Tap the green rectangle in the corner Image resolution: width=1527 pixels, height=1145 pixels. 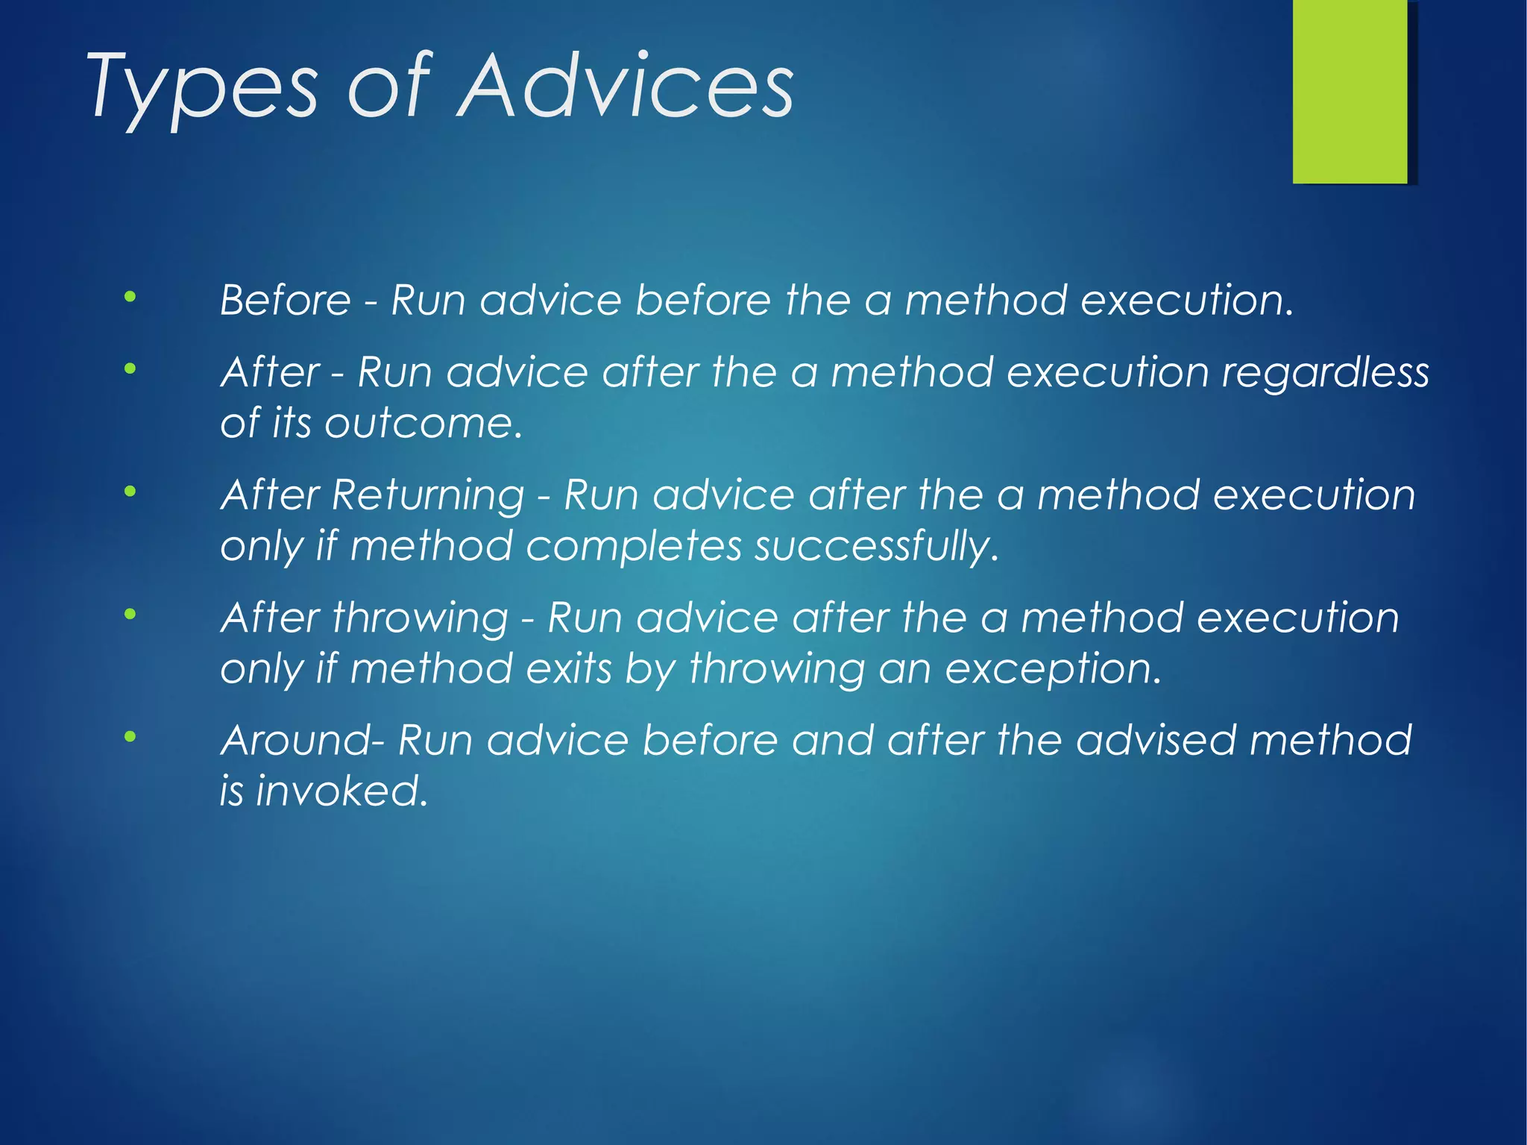[1350, 91]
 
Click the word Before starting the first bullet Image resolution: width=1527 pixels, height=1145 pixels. [285, 301]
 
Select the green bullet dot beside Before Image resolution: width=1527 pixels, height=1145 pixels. [130, 298]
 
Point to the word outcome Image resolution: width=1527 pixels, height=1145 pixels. [422, 424]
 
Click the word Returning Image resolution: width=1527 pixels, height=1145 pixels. [428, 496]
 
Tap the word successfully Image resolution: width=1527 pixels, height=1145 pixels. [875, 547]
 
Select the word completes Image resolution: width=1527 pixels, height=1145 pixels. [634, 547]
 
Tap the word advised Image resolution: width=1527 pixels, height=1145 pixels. [1155, 741]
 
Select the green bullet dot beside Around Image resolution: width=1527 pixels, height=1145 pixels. [130, 738]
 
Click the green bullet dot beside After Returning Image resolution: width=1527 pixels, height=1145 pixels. [130, 492]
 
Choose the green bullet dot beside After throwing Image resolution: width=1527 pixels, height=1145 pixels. [130, 615]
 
